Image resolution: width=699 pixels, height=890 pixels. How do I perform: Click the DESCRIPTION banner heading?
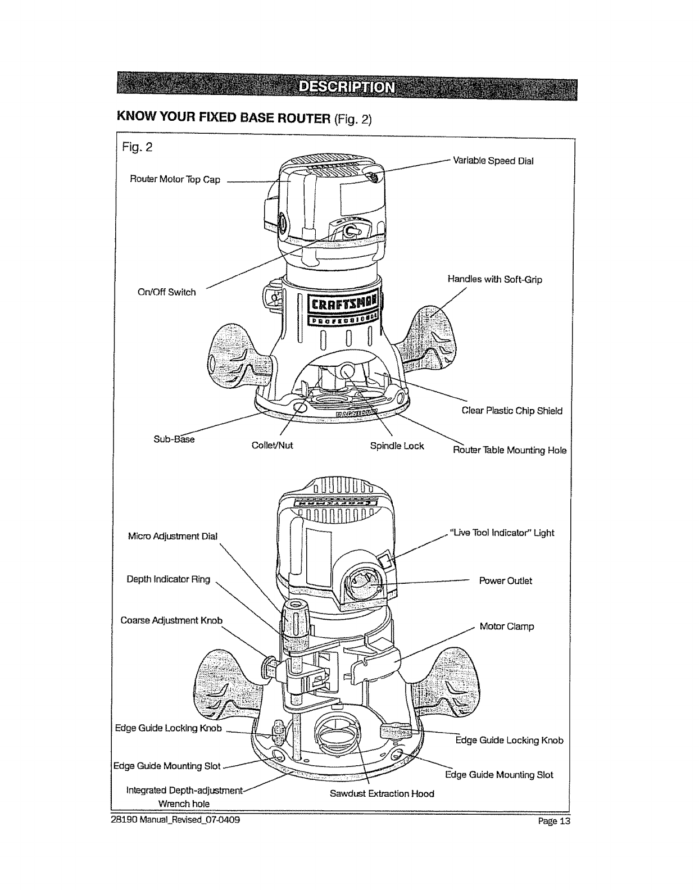(347, 88)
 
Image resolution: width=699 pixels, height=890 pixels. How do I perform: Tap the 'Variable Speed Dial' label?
(493, 161)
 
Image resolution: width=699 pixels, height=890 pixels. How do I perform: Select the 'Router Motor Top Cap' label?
(175, 180)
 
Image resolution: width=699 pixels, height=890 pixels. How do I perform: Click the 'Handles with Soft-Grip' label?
(494, 279)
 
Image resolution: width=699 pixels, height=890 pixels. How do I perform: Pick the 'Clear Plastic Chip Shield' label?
(512, 411)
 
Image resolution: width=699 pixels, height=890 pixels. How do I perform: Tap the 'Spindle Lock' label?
(397, 446)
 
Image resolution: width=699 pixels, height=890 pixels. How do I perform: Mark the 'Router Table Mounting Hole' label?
(510, 450)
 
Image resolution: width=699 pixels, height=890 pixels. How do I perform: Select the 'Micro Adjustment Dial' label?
(173, 536)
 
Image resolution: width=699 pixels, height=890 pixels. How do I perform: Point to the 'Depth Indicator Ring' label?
(169, 579)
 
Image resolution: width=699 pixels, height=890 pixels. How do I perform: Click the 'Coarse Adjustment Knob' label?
(172, 620)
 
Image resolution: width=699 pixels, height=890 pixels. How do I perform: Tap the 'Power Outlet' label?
(505, 581)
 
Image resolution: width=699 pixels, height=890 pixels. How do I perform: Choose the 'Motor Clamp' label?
(507, 626)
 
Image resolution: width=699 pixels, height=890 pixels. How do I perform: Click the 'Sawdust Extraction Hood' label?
(382, 793)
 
